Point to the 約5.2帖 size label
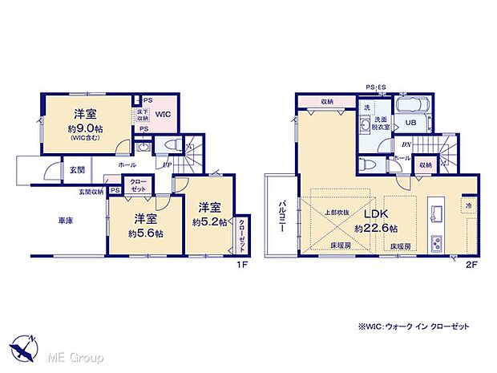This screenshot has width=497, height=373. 208,222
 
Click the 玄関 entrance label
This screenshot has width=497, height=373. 76,169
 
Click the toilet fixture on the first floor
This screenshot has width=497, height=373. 168,144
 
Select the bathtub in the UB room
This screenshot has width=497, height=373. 410,106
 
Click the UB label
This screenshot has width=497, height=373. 410,123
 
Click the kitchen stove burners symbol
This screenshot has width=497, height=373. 437,241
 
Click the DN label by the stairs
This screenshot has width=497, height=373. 407,144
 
